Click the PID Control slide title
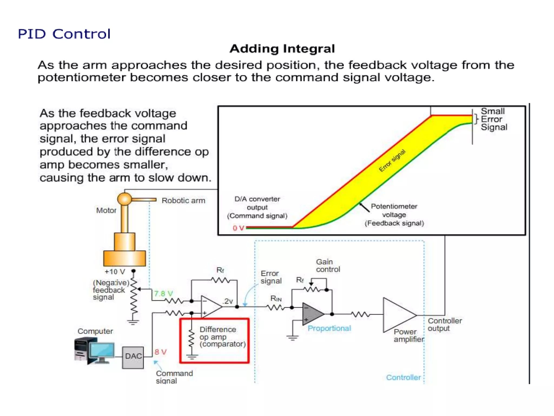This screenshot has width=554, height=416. coord(64,34)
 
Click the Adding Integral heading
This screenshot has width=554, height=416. coord(282,49)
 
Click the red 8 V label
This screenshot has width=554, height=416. coord(160,352)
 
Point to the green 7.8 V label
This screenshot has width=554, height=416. coord(163,294)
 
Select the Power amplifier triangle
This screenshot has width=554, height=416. coord(397,315)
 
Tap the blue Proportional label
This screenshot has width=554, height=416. coord(329,329)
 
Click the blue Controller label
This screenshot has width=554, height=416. coord(403,378)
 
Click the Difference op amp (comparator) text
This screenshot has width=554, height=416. coord(222,337)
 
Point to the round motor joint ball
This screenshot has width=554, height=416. coord(124,199)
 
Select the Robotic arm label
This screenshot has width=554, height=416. coord(183,201)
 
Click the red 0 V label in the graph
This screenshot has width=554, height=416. coord(238,228)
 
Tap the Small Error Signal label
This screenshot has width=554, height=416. coord(493,119)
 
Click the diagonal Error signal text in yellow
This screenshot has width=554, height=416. coord(392,161)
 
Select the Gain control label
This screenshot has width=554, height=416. coord(328,266)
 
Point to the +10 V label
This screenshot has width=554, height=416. coord(115,272)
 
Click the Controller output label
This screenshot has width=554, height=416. coord(444,324)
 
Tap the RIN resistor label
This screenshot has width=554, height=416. coord(276,298)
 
